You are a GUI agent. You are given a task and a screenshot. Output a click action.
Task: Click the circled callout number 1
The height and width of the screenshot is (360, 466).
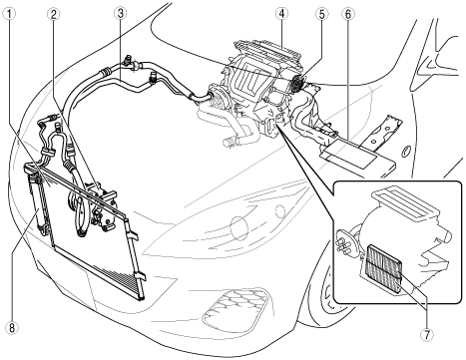10,14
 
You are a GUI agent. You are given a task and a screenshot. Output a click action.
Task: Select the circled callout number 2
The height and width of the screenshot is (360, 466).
53,14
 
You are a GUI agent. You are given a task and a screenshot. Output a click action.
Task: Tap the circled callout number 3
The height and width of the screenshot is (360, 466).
120,14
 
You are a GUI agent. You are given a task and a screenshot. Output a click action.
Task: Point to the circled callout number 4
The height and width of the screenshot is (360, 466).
281,14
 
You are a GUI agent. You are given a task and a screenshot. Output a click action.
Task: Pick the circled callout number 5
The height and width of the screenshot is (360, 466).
321,14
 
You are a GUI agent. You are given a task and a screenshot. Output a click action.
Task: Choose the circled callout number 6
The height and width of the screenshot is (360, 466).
348,14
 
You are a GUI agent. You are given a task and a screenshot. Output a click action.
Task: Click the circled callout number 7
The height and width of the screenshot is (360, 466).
427,334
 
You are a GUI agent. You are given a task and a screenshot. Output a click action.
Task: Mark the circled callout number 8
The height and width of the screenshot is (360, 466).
12,328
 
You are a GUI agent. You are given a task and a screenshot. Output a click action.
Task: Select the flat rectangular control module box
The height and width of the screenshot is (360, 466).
357,155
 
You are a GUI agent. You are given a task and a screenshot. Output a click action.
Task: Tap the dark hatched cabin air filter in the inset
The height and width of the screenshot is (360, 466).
383,268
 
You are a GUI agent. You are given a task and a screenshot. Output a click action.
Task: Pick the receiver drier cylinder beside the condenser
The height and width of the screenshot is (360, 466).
39,205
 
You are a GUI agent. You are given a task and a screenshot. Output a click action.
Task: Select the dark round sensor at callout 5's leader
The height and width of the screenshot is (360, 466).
296,83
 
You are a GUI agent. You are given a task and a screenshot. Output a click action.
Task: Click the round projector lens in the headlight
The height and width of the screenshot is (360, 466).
240,228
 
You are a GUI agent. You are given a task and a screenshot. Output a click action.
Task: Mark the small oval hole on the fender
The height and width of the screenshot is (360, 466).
405,151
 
